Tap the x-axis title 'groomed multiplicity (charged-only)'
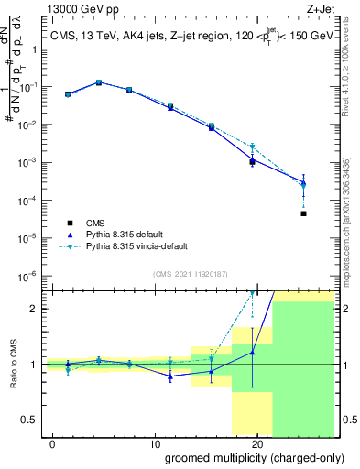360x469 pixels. click(x=242, y=456)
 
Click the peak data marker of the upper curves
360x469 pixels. click(x=99, y=82)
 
